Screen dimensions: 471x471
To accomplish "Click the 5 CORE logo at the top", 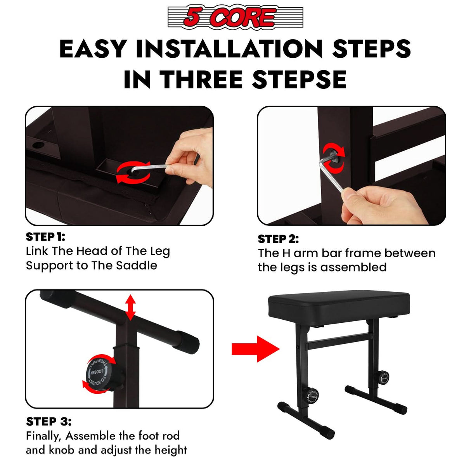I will tap(235, 17).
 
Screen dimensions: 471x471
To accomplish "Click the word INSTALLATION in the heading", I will tap(229, 49).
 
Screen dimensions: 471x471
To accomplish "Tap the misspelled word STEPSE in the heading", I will tap(299, 80).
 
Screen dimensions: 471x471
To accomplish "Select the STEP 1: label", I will tap(45, 237).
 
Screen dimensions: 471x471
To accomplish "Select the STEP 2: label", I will tap(278, 239).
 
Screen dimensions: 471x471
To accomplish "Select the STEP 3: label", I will tap(48, 421).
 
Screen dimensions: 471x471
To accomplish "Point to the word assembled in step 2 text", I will tap(353, 267).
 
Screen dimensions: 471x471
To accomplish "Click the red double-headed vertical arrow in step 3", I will tap(130, 307).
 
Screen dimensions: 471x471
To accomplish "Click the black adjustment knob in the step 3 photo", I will tap(100, 374).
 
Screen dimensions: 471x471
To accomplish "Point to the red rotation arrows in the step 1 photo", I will tap(133, 172).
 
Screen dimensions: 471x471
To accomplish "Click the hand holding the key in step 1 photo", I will tap(190, 155).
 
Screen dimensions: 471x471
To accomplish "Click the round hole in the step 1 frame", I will tap(38, 146).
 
